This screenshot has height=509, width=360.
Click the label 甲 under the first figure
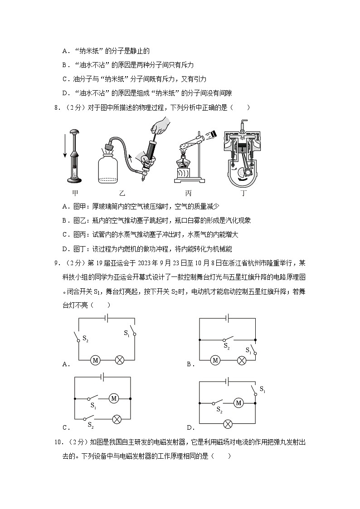(x=75, y=193)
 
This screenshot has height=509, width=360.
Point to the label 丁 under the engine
(x=243, y=193)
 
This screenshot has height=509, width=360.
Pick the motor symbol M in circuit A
(x=95, y=360)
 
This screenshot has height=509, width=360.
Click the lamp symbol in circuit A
(x=120, y=360)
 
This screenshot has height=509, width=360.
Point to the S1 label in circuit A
(x=126, y=333)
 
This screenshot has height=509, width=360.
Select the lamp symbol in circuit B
(x=242, y=360)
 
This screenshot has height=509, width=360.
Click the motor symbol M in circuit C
(x=114, y=398)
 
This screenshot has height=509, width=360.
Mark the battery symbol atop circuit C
(x=104, y=376)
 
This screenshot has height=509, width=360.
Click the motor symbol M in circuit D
(x=238, y=402)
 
